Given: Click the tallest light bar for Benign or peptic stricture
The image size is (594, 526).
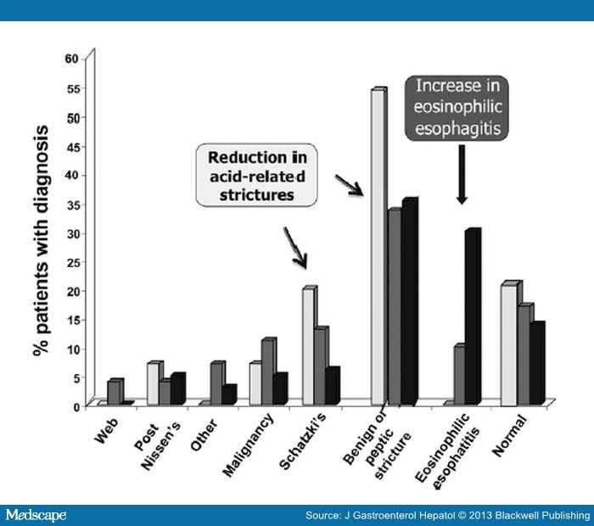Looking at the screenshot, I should coord(378,246).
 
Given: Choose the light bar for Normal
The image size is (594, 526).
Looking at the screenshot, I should coord(508,344).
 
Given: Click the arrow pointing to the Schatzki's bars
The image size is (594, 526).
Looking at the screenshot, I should coord(296,247).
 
